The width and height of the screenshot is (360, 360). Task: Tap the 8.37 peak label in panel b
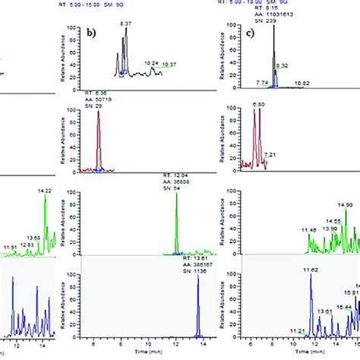(125, 24)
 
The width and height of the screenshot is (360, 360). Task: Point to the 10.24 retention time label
(152, 63)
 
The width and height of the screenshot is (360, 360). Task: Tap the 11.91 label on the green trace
(10, 226)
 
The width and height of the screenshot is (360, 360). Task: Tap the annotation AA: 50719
(88, 99)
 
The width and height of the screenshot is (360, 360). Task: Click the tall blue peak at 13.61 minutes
(200, 304)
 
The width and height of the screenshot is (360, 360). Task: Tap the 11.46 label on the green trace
(308, 229)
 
